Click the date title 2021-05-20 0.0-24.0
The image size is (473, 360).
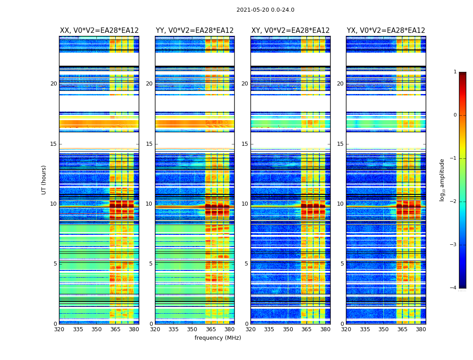point(265,10)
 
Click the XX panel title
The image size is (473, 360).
point(99,31)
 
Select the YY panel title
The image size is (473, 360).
point(195,31)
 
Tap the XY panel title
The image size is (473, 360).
point(291,31)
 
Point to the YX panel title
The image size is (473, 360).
point(386,31)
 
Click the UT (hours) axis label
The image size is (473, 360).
point(44,180)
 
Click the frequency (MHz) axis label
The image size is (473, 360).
point(218,338)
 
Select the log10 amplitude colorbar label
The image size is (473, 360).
point(442,180)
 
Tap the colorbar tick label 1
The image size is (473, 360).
point(455,72)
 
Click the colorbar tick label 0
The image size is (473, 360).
point(455,115)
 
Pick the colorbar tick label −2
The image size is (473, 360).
point(454,202)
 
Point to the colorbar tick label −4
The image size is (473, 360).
point(454,288)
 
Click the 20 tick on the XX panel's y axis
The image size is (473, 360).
point(54,84)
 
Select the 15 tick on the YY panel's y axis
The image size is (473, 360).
point(149,144)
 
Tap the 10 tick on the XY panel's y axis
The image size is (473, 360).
point(245,204)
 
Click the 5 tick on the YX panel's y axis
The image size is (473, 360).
point(342,264)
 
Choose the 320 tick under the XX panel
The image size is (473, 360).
point(59,329)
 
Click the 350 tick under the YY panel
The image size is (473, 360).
point(192,329)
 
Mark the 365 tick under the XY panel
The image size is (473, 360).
point(306,329)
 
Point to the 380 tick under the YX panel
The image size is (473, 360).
point(421,329)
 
